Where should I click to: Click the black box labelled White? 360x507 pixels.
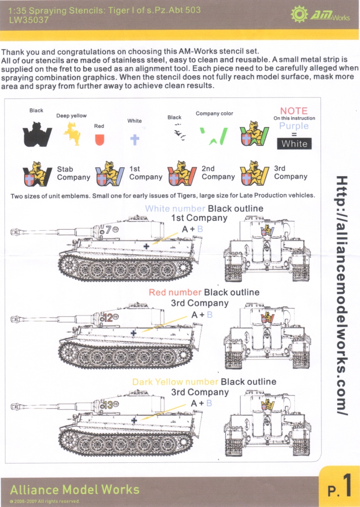click(295, 144)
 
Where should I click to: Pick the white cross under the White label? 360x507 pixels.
click(134, 139)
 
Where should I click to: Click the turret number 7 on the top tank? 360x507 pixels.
click(108, 229)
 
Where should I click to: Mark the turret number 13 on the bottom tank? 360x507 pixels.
click(107, 405)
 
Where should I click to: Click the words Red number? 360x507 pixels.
click(175, 293)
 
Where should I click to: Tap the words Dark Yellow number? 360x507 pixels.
click(175, 382)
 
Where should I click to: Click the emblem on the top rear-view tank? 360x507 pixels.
click(266, 231)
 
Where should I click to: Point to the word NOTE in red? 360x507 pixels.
click(294, 111)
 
